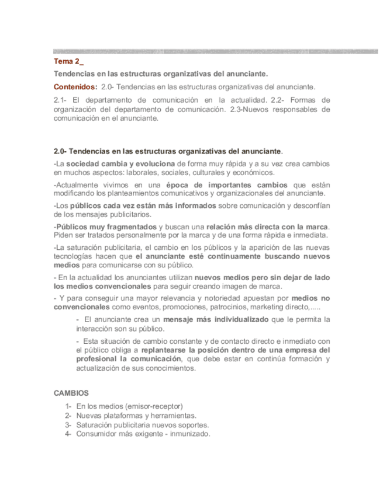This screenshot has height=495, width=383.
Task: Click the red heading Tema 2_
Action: tap(69, 61)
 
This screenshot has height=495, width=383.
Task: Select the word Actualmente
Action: tap(78, 185)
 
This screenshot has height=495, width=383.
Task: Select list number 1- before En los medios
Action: tap(68, 406)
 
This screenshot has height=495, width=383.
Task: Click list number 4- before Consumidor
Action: tap(68, 434)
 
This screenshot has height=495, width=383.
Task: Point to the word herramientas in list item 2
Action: tap(173, 416)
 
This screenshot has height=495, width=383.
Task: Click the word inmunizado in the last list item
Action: tap(191, 434)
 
